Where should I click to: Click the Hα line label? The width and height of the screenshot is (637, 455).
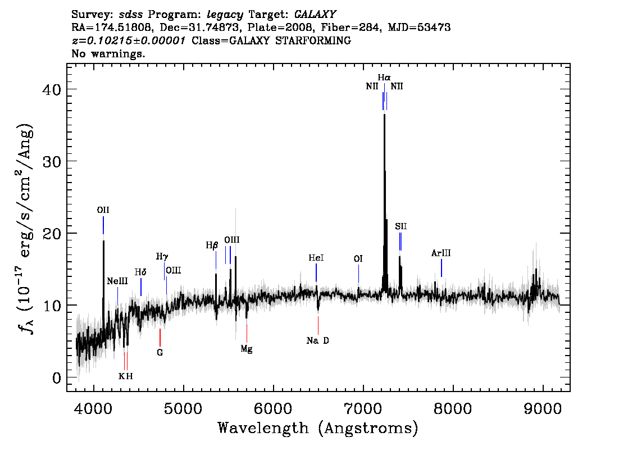(x=384, y=77)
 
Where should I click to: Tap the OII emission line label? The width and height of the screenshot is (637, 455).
(x=103, y=210)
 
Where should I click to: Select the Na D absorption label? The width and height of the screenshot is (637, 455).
(x=318, y=340)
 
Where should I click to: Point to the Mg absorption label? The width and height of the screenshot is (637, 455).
(x=246, y=349)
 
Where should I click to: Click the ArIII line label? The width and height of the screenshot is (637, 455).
(x=441, y=253)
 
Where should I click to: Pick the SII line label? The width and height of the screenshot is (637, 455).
(x=401, y=226)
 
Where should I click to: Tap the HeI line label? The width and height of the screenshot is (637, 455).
(x=316, y=258)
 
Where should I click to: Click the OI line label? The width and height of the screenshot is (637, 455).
(x=358, y=259)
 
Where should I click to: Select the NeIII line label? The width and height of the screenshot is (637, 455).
(x=117, y=281)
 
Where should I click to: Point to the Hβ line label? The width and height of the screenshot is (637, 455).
(x=212, y=245)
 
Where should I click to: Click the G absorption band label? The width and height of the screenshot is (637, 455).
(x=160, y=353)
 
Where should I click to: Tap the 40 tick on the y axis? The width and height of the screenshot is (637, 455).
(x=51, y=89)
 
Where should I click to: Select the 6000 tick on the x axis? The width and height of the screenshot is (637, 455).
(x=274, y=408)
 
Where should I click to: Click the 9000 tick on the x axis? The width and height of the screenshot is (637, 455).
(x=542, y=408)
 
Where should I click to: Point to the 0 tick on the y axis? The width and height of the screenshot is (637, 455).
(x=57, y=378)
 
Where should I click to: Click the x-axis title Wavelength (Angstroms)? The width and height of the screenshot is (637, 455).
(x=318, y=428)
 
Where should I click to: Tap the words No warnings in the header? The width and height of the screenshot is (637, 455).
(x=108, y=53)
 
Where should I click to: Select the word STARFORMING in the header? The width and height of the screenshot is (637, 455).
(x=313, y=40)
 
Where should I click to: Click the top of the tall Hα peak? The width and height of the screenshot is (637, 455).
(x=384, y=115)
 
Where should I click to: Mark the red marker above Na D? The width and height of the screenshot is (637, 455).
(x=318, y=325)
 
